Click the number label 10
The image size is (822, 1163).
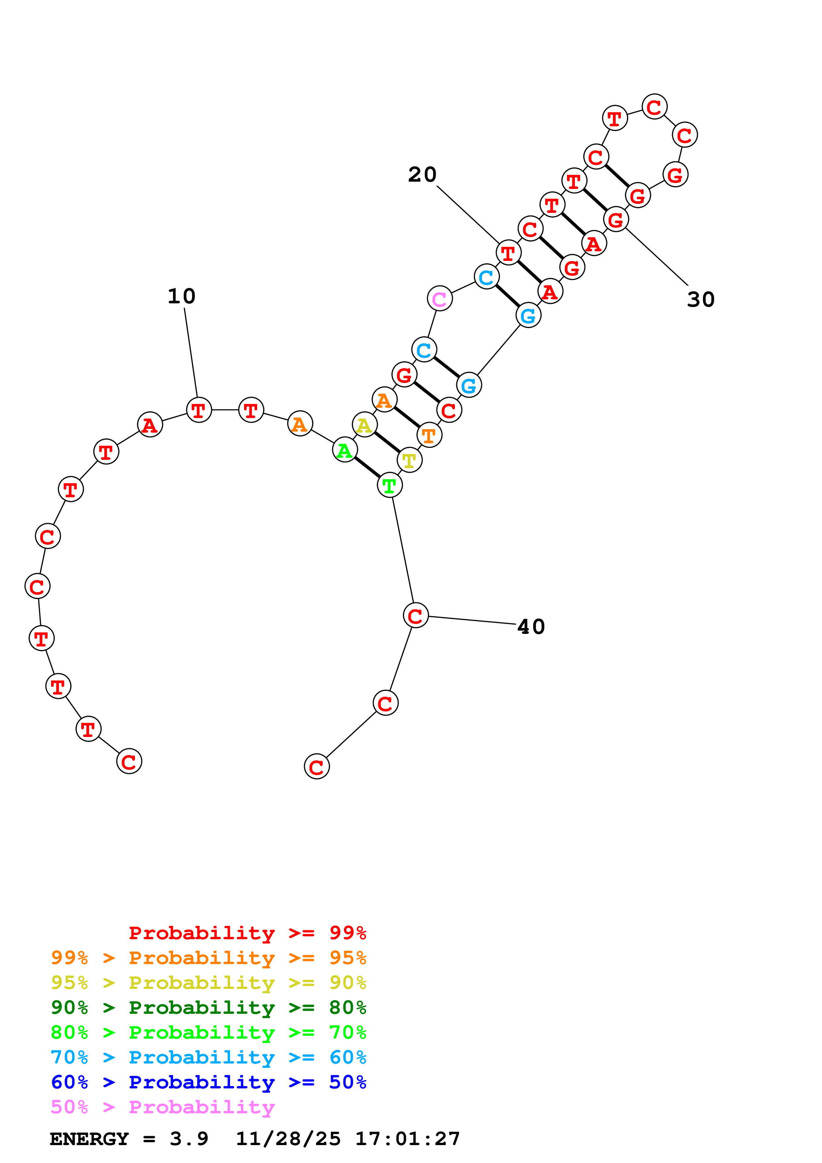pyautogui.click(x=181, y=296)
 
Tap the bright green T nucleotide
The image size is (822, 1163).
pyautogui.click(x=390, y=485)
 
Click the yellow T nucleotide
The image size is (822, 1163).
pyautogui.click(x=409, y=460)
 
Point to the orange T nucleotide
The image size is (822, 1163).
pyautogui.click(x=429, y=435)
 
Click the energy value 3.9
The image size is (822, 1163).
pyautogui.click(x=189, y=1139)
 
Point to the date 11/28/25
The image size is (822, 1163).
pyautogui.click(x=288, y=1139)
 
